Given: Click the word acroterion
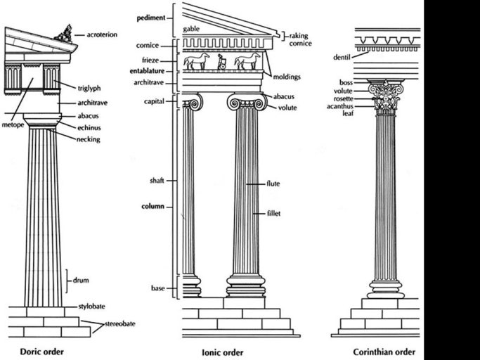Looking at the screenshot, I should (x=103, y=33).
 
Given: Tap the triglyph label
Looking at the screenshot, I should (x=92, y=87).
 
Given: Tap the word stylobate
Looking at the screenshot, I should (x=94, y=308).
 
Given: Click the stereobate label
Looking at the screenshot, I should (x=119, y=323).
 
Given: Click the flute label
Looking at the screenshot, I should (x=273, y=184).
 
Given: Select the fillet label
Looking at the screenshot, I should (x=273, y=213).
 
